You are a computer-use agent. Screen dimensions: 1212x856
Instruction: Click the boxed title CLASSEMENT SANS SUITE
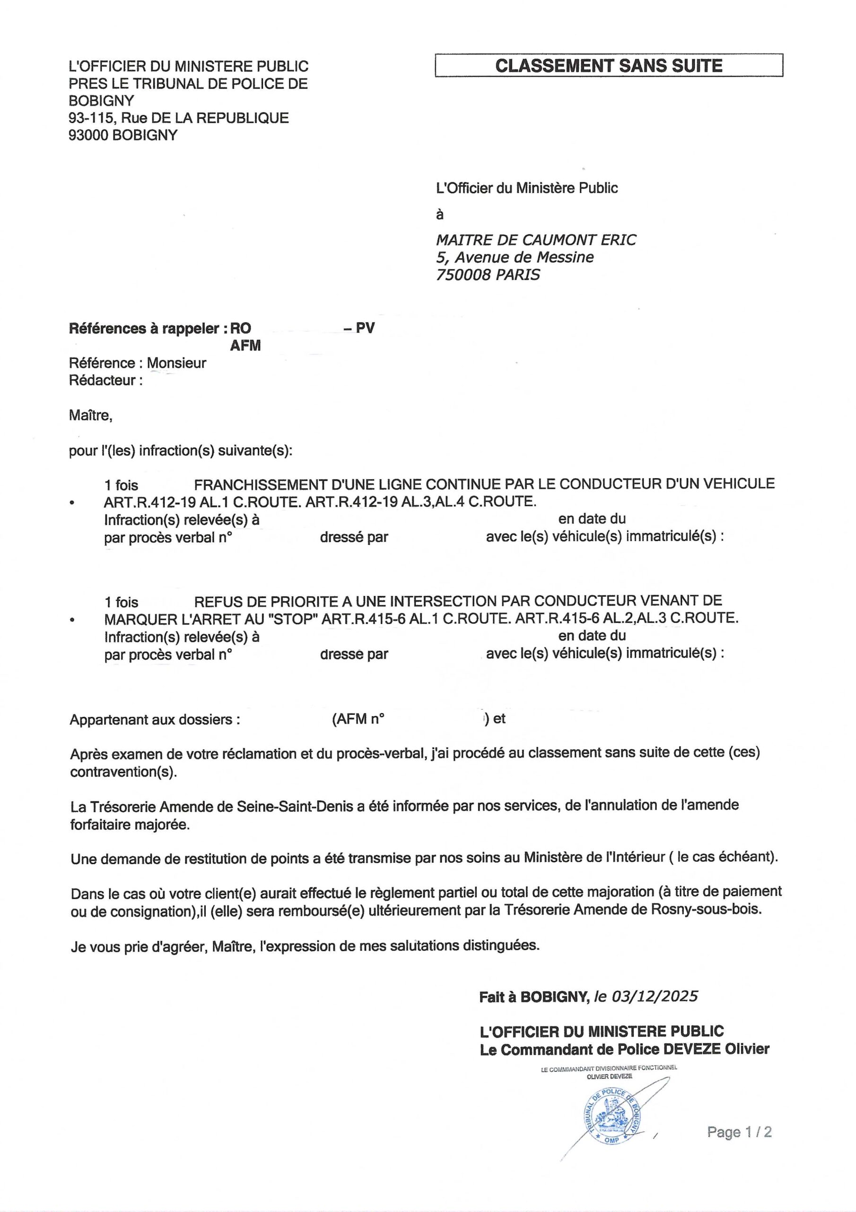coord(608,66)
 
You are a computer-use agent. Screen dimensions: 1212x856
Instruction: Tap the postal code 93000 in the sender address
coord(88,135)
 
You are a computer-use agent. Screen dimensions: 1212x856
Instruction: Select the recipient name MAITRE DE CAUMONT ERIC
coord(536,240)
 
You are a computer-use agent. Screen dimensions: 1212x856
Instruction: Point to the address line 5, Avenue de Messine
coord(515,258)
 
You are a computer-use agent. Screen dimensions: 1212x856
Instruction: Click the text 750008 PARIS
coord(488,275)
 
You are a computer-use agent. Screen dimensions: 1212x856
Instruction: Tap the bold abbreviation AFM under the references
coord(245,346)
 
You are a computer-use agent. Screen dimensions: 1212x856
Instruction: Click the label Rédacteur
coord(105,381)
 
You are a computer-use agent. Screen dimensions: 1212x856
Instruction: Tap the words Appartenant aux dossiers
coord(155,720)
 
